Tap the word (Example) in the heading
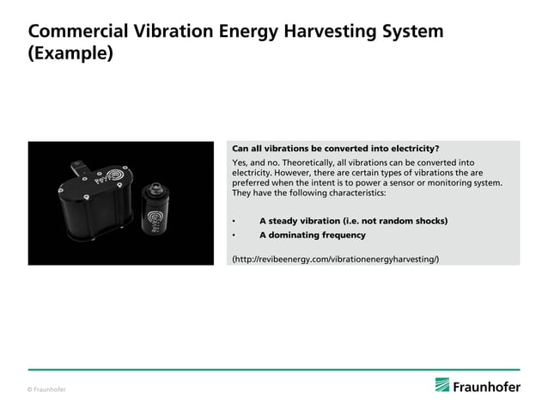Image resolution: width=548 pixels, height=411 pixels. tap(70, 53)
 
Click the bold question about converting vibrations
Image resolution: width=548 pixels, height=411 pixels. tap(336, 148)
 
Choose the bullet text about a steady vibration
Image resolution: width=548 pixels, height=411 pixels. tap(352, 221)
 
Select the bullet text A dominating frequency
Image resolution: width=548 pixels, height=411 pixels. tap(312, 235)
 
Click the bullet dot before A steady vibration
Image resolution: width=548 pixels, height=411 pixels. tap(234, 221)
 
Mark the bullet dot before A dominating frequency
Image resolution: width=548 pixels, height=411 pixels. tap(234, 235)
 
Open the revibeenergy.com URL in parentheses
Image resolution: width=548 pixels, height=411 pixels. tap(336, 258)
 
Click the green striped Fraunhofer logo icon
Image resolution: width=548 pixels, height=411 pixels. tap(442, 385)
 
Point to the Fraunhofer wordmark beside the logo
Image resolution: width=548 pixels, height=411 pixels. tap(487, 386)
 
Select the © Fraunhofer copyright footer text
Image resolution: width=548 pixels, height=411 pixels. tap(46, 390)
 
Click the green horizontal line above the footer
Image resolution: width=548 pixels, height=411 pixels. tap(274, 370)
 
